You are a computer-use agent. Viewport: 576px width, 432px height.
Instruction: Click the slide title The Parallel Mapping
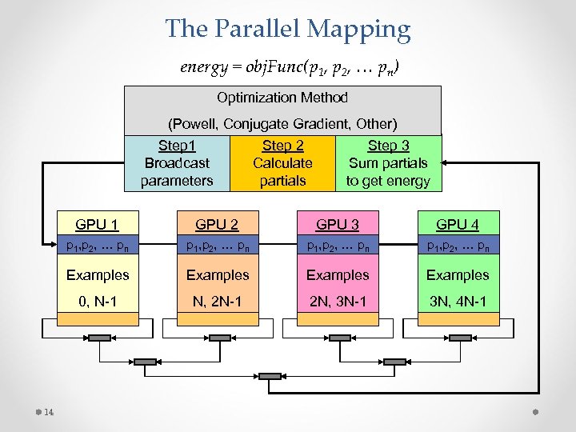pos(288,30)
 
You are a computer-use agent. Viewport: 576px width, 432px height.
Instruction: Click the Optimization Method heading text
pos(282,98)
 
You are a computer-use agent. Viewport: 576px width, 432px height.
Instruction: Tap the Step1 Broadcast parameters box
pos(177,163)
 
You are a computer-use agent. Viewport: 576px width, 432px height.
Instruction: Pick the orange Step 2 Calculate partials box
pos(282,163)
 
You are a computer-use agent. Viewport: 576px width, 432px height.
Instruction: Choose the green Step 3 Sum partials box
pos(388,163)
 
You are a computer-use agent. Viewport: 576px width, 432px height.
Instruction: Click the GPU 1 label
pos(98,224)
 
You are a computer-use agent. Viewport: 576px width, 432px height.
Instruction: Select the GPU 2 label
pos(218,224)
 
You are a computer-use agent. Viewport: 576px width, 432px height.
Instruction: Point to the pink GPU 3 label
pos(338,224)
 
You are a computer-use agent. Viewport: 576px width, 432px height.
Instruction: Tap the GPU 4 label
pos(458,224)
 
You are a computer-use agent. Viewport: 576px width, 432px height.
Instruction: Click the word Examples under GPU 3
pos(338,274)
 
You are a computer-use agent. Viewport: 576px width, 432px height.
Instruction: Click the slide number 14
pos(49,413)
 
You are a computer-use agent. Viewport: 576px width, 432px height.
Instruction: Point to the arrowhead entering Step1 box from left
pos(120,163)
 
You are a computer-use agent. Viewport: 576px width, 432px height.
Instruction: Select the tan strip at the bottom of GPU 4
pos(458,318)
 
